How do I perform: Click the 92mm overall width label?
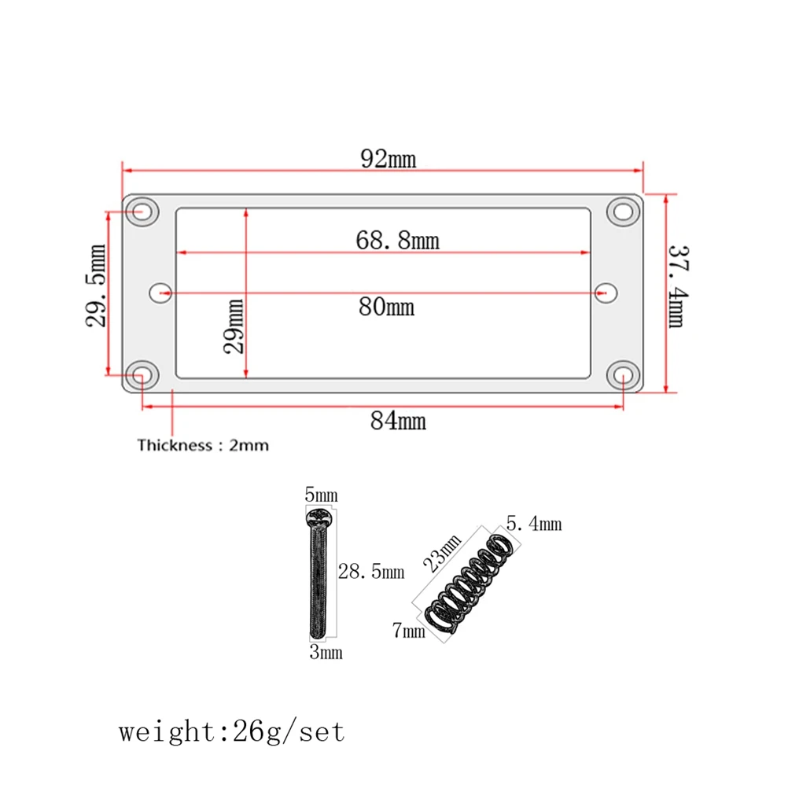click(388, 159)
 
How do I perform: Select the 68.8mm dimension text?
click(397, 240)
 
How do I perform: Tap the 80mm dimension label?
click(385, 306)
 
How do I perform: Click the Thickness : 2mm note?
click(203, 446)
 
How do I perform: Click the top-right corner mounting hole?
click(622, 211)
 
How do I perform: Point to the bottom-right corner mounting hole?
click(622, 374)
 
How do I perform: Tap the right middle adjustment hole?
click(604, 293)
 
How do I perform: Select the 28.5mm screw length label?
click(370, 572)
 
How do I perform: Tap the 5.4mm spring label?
click(535, 524)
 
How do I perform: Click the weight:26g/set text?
click(232, 732)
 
